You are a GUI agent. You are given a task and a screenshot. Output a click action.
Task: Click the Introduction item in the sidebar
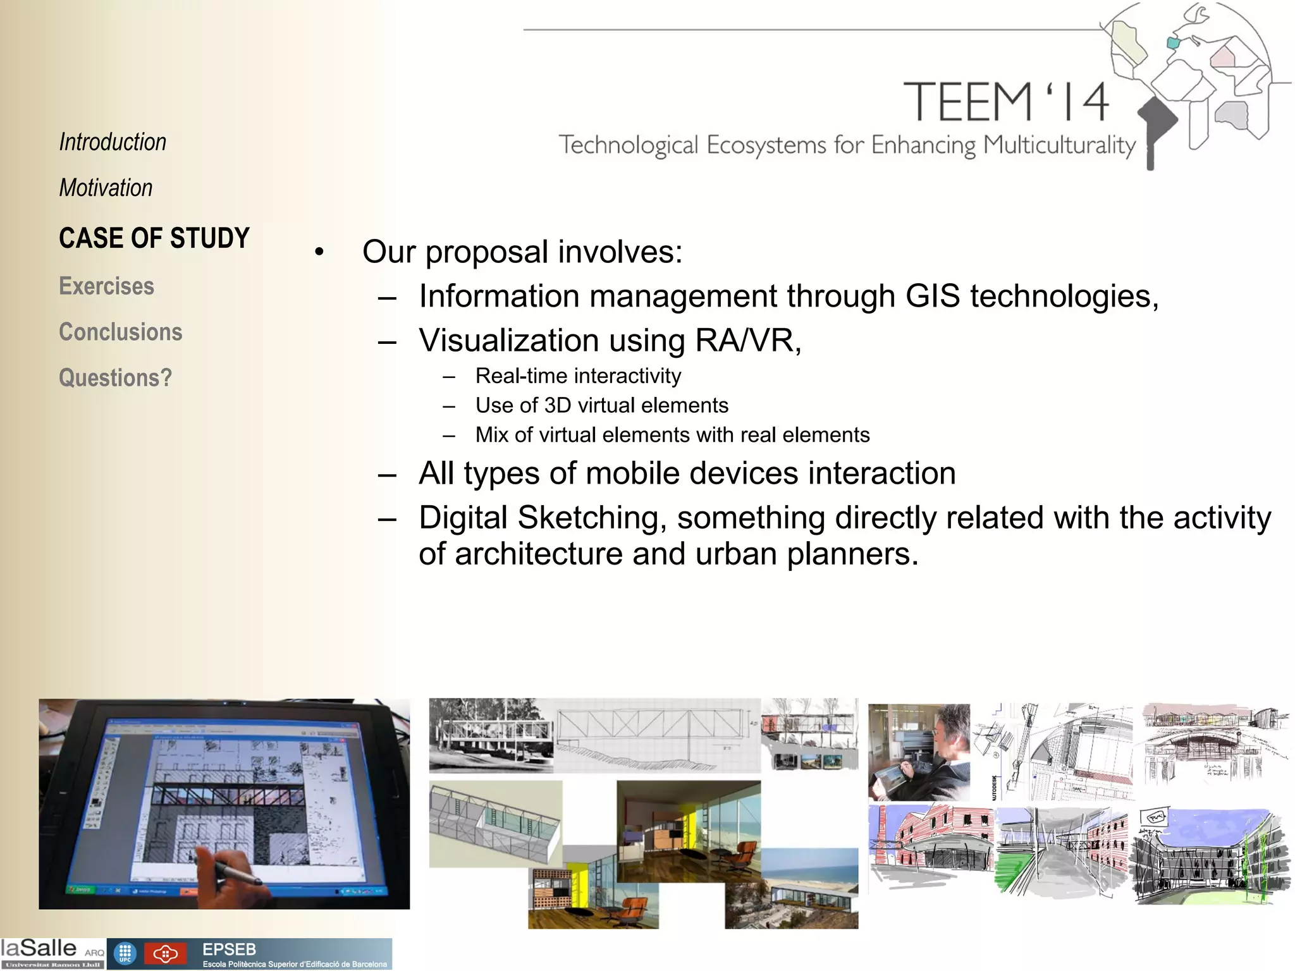pos(113,142)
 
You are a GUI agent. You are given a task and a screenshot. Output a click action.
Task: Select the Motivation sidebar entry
pos(106,188)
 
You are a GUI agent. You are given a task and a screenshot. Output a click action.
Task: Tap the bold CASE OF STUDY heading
pos(154,238)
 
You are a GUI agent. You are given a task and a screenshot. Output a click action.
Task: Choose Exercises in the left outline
pos(106,286)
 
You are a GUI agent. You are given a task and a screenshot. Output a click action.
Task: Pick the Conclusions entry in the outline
pos(120,332)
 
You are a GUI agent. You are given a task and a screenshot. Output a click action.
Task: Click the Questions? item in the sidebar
pos(115,377)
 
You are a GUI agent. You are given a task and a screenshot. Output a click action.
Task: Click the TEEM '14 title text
pos(1005,102)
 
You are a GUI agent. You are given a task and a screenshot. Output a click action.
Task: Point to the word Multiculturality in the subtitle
pos(1060,145)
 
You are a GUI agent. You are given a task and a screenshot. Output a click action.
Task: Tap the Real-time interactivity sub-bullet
pos(578,376)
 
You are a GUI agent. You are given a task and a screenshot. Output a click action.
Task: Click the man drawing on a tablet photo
pos(918,752)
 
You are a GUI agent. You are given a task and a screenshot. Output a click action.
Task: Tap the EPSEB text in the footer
pos(229,950)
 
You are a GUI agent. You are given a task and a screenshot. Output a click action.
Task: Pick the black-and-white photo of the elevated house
pos(491,735)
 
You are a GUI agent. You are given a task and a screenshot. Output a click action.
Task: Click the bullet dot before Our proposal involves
pos(319,253)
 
